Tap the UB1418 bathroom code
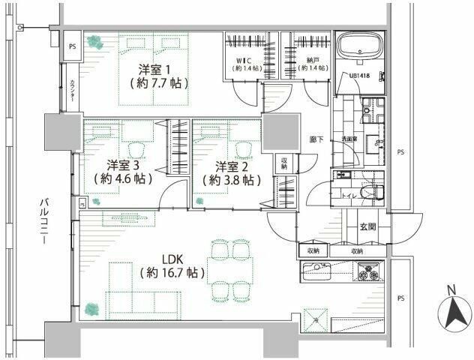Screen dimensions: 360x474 359,76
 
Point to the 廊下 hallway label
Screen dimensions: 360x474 316,139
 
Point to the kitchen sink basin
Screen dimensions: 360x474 319,268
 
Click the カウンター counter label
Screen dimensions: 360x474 72,94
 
